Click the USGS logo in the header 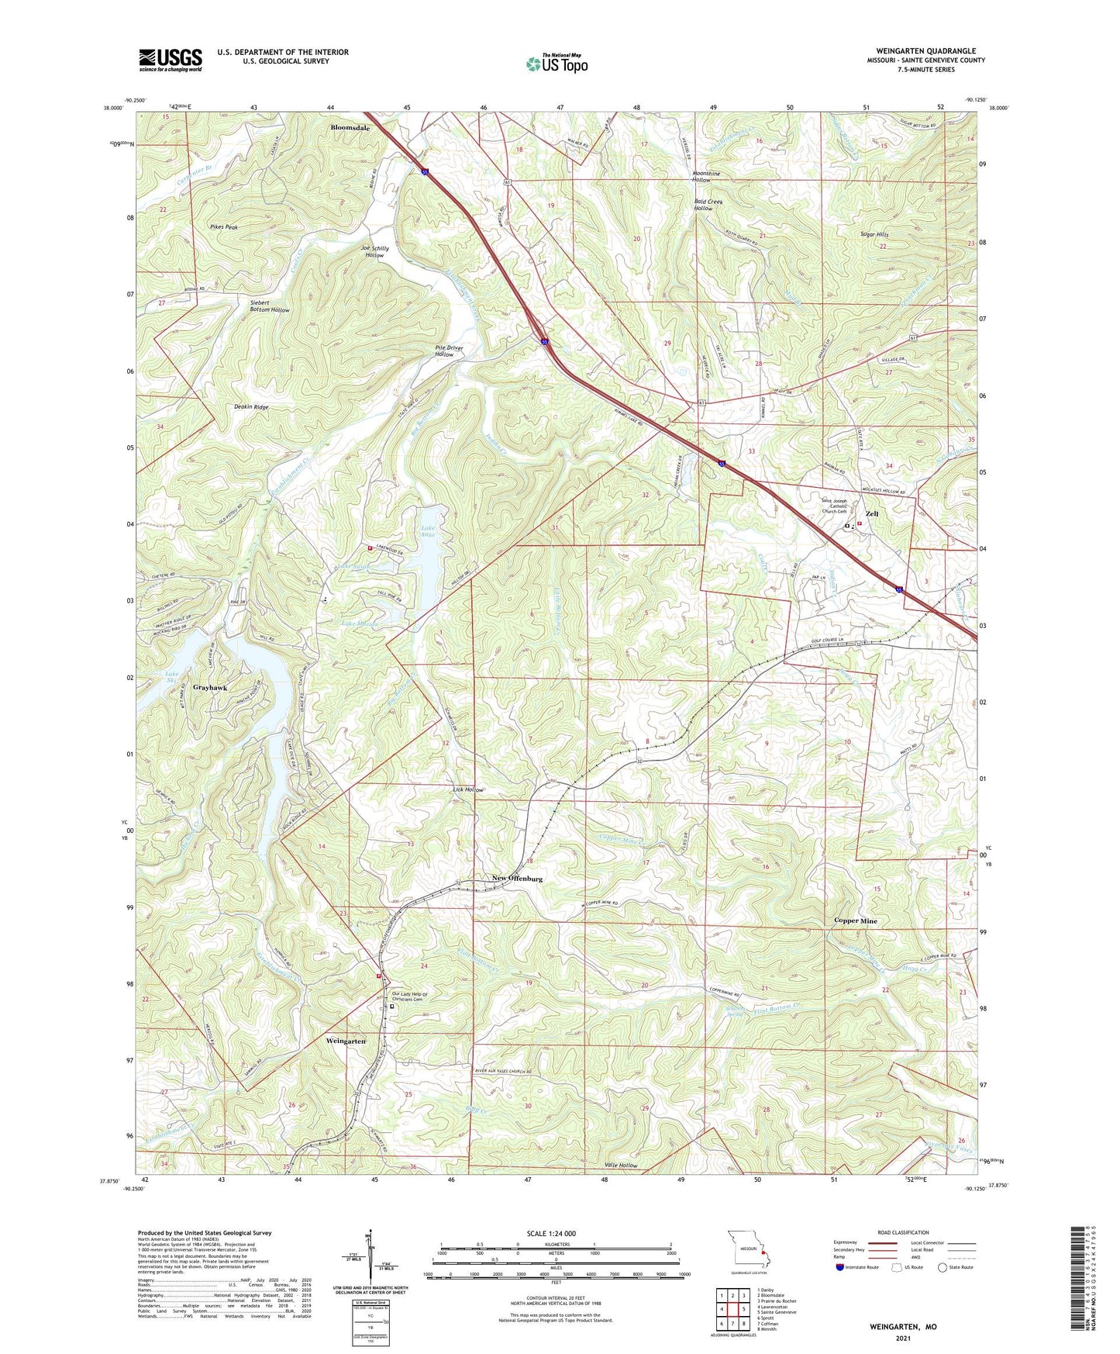coord(170,60)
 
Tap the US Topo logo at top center coord(557,64)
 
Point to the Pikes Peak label coord(223,227)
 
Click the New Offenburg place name coord(517,879)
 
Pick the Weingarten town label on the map coord(346,1040)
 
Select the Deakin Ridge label coord(251,407)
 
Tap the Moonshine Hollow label coord(705,177)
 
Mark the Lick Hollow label coord(468,789)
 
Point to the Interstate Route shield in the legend coord(840,1268)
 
